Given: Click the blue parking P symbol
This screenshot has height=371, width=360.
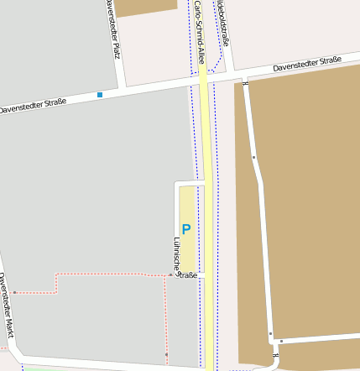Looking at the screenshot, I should [186, 229].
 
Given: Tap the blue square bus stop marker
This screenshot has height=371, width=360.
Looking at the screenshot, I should [100, 95].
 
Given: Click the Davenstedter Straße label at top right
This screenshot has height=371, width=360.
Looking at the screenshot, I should [307, 64].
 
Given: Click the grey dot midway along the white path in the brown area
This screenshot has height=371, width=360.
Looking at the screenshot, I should [253, 157].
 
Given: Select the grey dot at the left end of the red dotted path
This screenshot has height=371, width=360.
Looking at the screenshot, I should [14, 292].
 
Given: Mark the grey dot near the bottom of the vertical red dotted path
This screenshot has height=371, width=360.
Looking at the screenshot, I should [166, 355].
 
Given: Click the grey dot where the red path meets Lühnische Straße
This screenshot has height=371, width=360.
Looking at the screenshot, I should [170, 274].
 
